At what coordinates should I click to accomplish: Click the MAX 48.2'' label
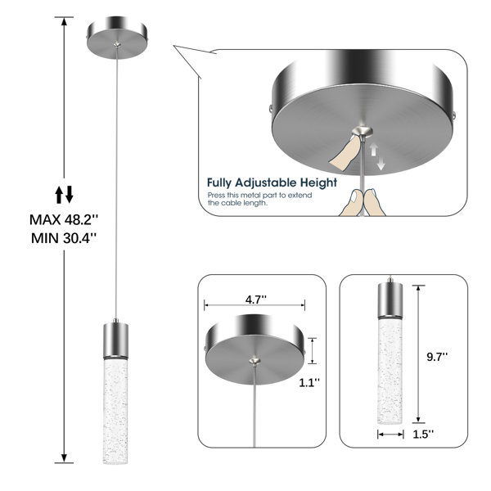pos(64,220)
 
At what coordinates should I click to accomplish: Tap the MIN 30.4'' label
pos(64,238)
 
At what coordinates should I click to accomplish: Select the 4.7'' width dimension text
pos(256,300)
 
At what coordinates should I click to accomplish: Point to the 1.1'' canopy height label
pos(309,382)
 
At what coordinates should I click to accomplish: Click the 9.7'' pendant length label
pos(437,357)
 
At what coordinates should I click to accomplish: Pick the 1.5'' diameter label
pos(423,435)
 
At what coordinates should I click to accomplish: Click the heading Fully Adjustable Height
pos(272,182)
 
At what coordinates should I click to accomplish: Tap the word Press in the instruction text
pos(216,195)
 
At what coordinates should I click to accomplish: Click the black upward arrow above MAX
pos(59,195)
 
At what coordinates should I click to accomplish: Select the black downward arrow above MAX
pos(70,194)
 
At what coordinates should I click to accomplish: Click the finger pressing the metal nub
pos(345,152)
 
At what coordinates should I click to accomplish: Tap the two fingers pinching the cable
pos(363,202)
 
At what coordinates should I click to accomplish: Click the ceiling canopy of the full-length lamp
pos(117,38)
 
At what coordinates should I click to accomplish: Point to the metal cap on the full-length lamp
pos(115,340)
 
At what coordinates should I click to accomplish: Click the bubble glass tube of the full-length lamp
pos(115,411)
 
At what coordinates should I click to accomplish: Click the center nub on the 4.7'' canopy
pos(255,361)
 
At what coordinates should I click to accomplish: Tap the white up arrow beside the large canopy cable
pos(374,150)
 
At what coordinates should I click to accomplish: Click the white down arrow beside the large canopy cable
pos(381,164)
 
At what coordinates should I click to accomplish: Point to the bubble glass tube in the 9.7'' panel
pos(390,371)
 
